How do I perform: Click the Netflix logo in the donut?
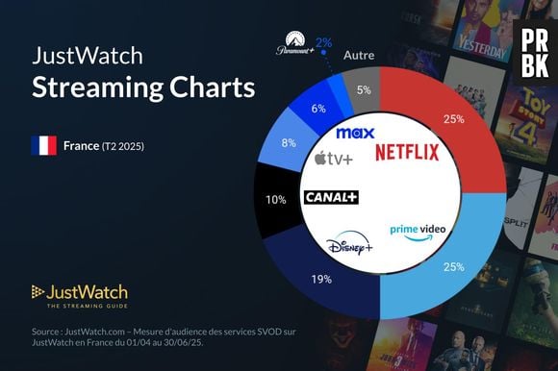point(406,152)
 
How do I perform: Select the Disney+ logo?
point(348,248)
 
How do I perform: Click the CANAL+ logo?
point(330,197)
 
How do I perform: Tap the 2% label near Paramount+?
point(324,42)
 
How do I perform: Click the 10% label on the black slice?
point(275,199)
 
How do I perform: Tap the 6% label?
point(318,109)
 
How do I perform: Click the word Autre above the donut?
point(359,56)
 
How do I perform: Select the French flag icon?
point(44,147)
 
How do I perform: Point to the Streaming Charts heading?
point(143,87)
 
